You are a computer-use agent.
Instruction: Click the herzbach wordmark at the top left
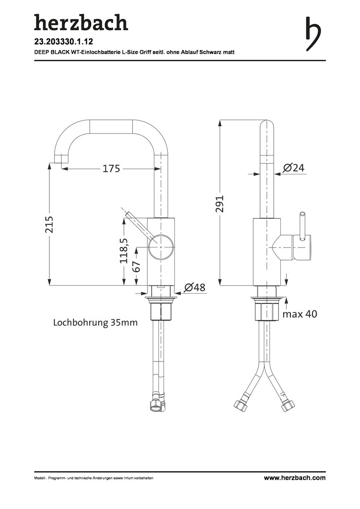coord(81,23)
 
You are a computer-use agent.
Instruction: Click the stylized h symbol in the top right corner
coord(313,34)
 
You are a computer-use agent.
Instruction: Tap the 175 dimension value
coord(111,168)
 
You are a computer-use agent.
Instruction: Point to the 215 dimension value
coord(49,224)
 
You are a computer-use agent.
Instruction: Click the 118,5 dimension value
coord(124,251)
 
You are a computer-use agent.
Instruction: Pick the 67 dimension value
coord(137,266)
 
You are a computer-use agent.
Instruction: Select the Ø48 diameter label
coord(195,287)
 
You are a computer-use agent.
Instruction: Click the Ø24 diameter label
coord(294,168)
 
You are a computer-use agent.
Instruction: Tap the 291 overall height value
coord(220,204)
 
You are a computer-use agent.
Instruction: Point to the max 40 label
coord(300,314)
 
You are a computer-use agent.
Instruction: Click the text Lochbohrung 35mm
coord(95,323)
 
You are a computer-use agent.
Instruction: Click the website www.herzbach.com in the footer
coord(295,477)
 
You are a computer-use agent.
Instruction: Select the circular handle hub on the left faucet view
coord(161,246)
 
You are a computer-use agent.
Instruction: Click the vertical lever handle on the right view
coord(302,226)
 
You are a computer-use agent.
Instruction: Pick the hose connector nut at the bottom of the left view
coord(157,404)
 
